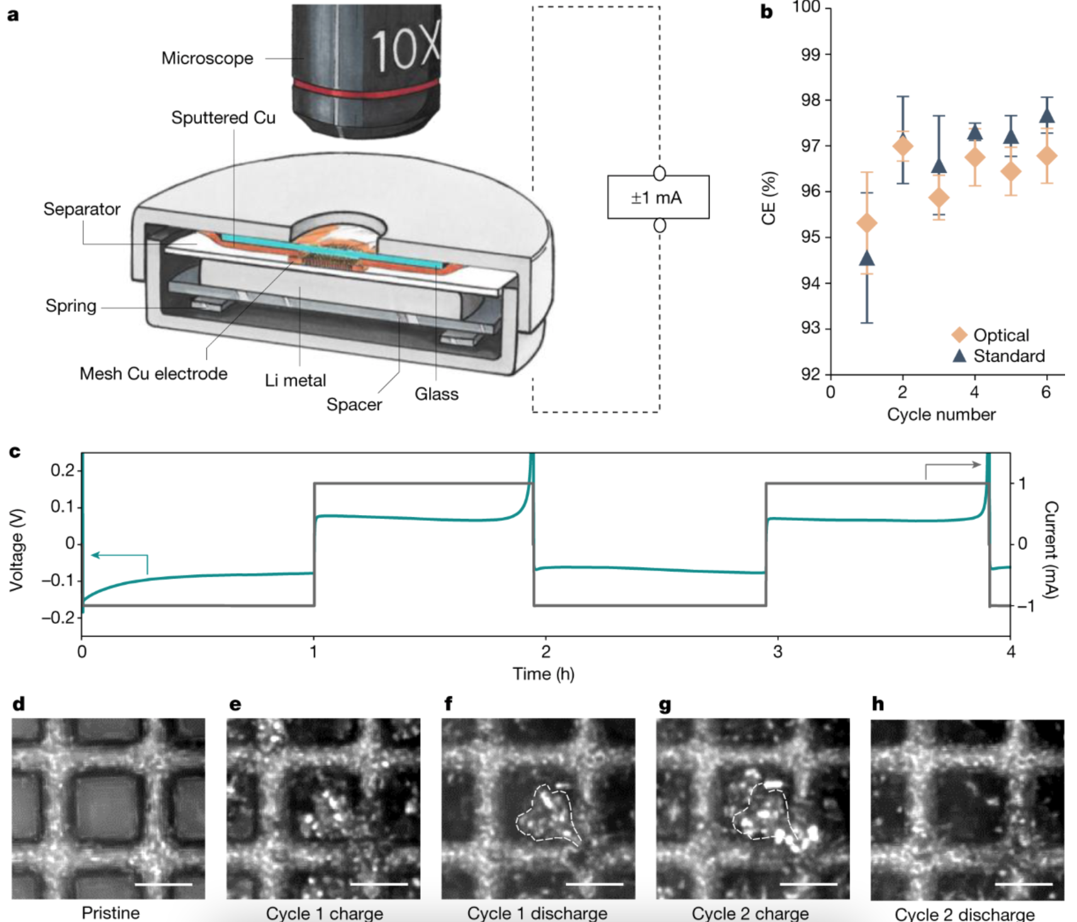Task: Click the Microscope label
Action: tap(207, 58)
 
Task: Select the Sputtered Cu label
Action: tap(223, 118)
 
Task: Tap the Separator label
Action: tap(82, 209)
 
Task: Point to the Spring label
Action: tap(71, 306)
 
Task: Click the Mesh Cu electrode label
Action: tap(153, 374)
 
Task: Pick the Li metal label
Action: tap(296, 380)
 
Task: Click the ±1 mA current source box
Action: tap(658, 197)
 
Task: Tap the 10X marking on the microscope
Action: tap(405, 48)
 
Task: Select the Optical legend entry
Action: tap(1000, 335)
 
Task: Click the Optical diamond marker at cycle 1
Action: tap(867, 223)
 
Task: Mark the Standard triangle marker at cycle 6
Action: tap(1047, 116)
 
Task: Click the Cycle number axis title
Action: tap(941, 414)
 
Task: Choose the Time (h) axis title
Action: tap(544, 674)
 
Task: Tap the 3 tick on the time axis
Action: tap(778, 652)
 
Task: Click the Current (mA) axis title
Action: tap(1051, 550)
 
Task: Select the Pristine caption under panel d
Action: tap(111, 913)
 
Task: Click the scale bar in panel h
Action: tap(1024, 884)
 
